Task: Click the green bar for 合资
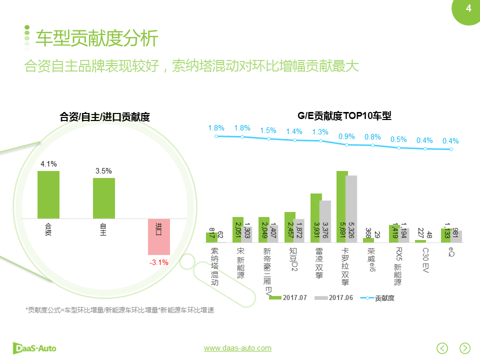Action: tap(48, 194)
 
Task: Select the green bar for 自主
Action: tap(103, 198)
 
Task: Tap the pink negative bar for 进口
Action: tap(159, 236)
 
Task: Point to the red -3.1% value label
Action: tap(159, 262)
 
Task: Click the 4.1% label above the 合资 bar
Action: tap(48, 163)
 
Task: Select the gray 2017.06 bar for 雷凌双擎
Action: tap(325, 221)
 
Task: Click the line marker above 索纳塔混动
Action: tap(216, 136)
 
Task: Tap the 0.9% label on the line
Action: tap(346, 136)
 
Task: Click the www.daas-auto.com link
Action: tap(237, 348)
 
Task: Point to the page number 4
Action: tap(468, 8)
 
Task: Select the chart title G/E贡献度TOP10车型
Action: tap(344, 116)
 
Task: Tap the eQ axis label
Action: tap(451, 251)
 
